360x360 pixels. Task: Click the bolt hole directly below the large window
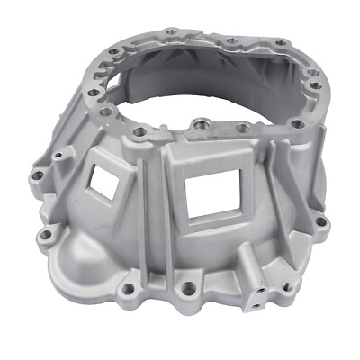point(188,290)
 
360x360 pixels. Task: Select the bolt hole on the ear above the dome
point(46,236)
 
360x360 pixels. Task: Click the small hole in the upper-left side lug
point(59,155)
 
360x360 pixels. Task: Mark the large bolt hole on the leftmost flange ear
point(37,176)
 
